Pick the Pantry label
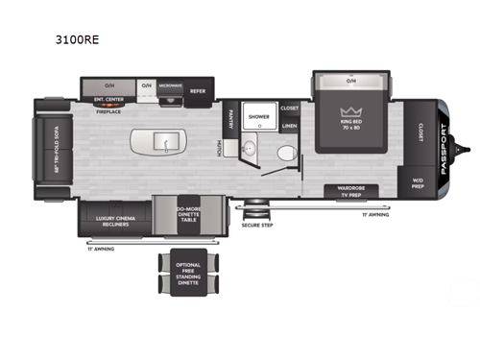[x=231, y=118]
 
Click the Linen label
[x=289, y=125]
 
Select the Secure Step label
[x=257, y=225]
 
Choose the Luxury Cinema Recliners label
[x=114, y=222]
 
